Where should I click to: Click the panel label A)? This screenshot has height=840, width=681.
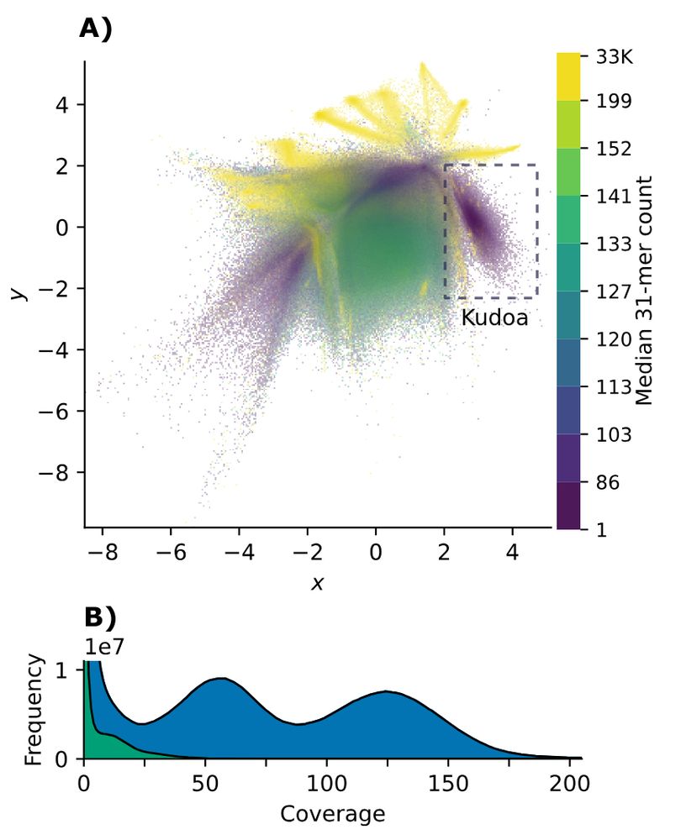pyautogui.click(x=95, y=29)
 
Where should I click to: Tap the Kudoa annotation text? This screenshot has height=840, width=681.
pyautogui.click(x=494, y=318)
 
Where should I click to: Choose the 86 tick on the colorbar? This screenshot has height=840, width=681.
pyautogui.click(x=604, y=482)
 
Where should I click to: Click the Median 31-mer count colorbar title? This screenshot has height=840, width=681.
pyautogui.click(x=645, y=291)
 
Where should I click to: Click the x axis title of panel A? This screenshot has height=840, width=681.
pyautogui.click(x=317, y=582)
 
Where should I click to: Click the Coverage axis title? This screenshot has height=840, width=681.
pyautogui.click(x=332, y=814)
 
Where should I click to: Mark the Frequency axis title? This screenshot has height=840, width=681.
pyautogui.click(x=34, y=711)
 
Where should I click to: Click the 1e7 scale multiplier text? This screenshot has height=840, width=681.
pyautogui.click(x=103, y=646)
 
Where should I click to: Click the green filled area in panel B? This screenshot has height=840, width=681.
pyautogui.click(x=99, y=743)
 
